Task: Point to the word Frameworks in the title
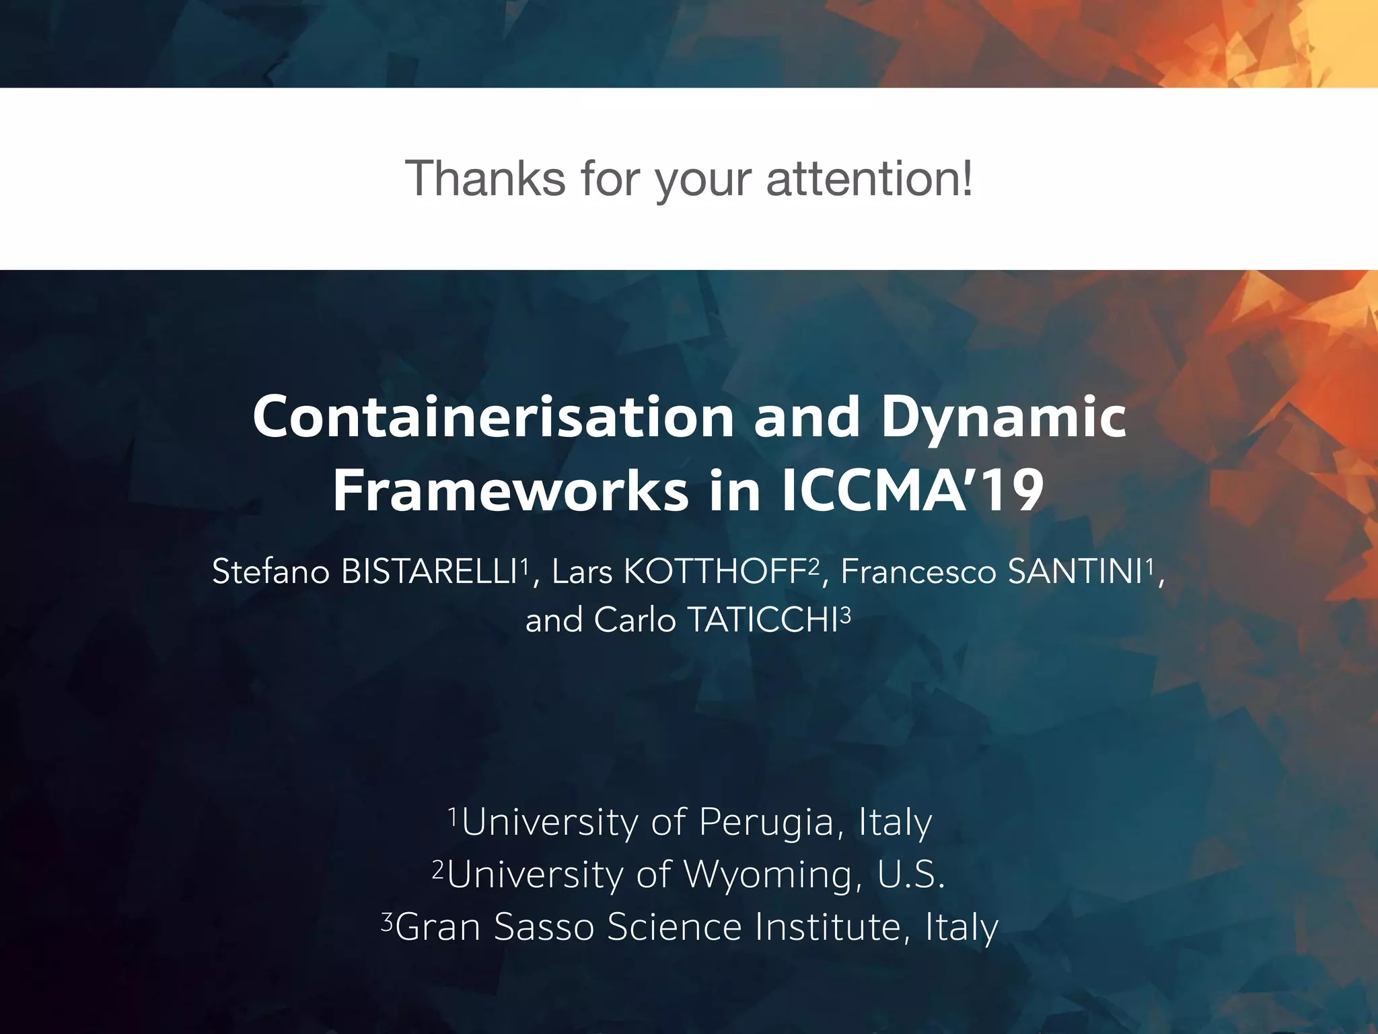point(511,491)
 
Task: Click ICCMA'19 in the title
point(913,491)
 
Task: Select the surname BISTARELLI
point(429,572)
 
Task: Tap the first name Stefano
point(270,572)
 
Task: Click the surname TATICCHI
point(763,620)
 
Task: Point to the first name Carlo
point(634,620)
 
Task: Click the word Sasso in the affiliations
point(544,927)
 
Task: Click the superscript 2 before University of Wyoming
point(438,869)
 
